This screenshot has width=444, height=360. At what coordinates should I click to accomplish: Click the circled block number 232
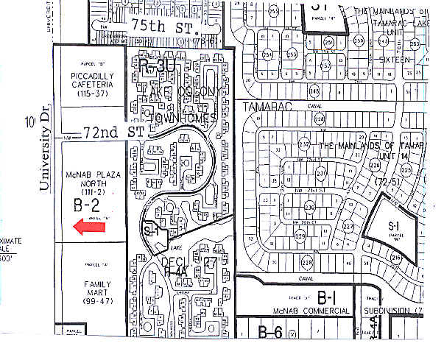pyautogui.click(x=303, y=144)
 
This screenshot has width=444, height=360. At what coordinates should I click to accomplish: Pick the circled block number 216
pyautogui.click(x=396, y=257)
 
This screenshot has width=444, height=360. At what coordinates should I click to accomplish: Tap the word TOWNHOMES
pyautogui.click(x=182, y=118)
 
